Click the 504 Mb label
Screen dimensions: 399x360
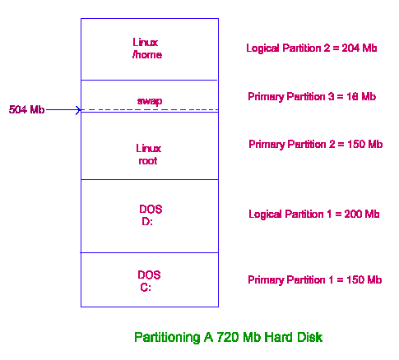tap(26, 109)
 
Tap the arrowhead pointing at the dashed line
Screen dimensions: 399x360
tap(79, 110)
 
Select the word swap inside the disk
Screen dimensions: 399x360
tap(150, 101)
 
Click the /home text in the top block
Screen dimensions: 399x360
tap(147, 55)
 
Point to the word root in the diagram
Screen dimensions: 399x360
tap(148, 161)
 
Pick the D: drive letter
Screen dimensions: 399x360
tap(147, 221)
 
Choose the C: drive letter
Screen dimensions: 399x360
tap(146, 288)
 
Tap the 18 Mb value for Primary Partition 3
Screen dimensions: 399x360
tap(361, 96)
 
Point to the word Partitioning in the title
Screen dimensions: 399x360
tap(167, 338)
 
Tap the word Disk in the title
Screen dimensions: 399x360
tap(311, 337)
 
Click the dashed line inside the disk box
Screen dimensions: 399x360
tap(150, 110)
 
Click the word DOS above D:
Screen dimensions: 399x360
tap(151, 210)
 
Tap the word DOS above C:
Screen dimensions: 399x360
tap(149, 275)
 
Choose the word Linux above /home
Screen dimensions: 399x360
tap(146, 43)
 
